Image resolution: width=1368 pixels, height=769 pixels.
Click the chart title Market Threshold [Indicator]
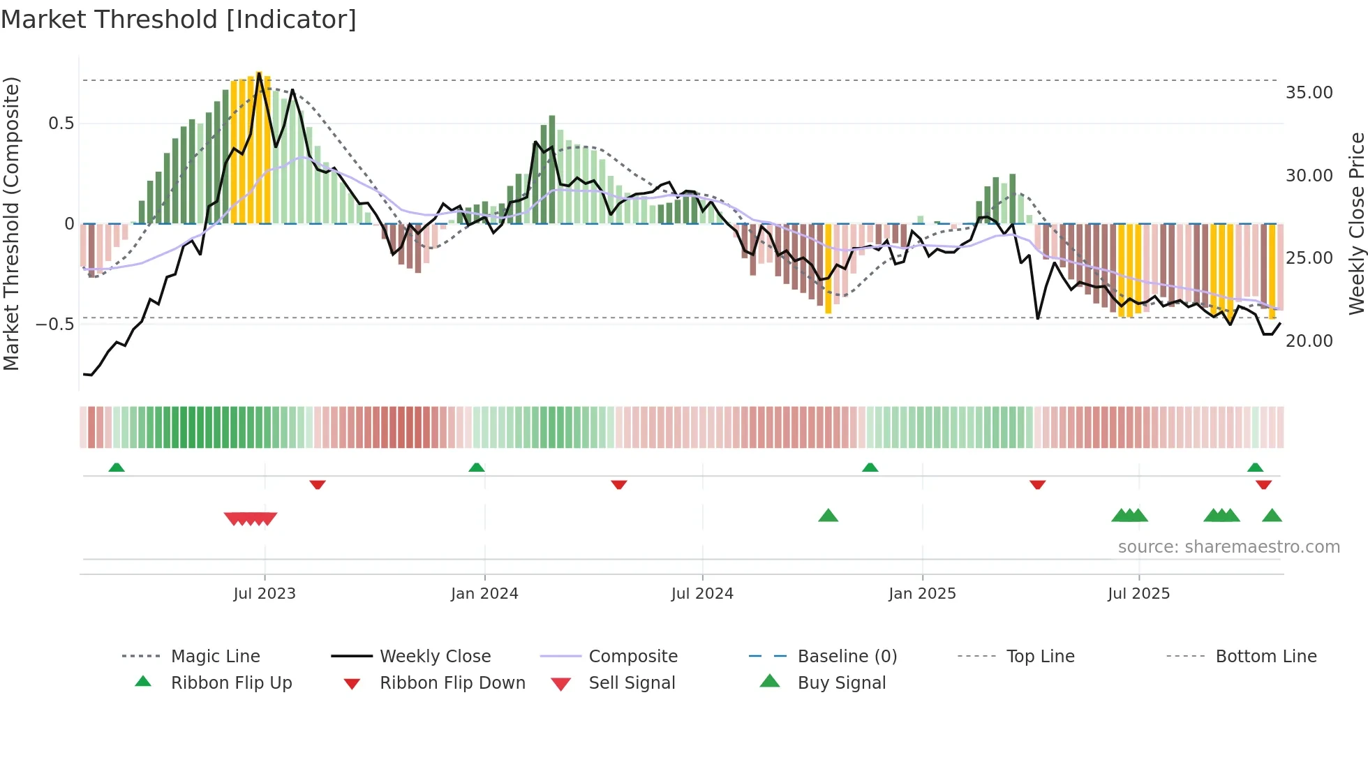179,20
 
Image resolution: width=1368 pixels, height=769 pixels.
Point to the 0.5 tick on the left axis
61,124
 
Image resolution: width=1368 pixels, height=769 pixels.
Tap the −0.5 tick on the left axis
54,324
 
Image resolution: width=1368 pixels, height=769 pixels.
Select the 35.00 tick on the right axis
1309,93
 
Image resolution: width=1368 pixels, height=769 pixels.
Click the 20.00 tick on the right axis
1309,341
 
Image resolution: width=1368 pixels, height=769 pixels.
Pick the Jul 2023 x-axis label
265,594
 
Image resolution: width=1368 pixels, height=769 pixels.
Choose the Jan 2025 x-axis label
922,594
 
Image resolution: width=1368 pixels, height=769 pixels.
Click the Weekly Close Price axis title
1356,223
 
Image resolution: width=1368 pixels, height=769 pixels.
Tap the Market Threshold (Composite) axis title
11,223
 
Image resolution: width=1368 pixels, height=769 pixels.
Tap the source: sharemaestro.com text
1228,547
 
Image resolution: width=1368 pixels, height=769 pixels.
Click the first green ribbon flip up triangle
117,468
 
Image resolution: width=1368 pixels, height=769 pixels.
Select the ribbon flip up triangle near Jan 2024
477,468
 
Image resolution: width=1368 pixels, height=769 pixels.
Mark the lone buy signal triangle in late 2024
828,516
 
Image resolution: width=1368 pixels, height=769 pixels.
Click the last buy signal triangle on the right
1272,516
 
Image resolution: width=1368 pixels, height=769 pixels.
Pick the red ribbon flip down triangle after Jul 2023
318,484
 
